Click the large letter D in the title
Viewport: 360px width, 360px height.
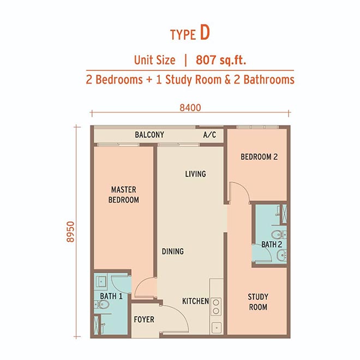click(205, 33)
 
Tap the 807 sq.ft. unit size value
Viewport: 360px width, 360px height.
click(221, 60)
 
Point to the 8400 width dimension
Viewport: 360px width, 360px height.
click(190, 107)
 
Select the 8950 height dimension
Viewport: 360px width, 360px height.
click(71, 232)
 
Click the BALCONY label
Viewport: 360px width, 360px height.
click(149, 135)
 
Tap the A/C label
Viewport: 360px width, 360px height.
click(209, 135)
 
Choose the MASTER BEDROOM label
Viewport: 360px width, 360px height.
click(123, 195)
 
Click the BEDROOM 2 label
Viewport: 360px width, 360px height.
click(259, 157)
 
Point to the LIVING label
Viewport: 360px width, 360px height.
click(195, 174)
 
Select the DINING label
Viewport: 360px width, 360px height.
click(173, 251)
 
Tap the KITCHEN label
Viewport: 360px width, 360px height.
click(195, 301)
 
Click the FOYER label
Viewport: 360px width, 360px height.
click(144, 319)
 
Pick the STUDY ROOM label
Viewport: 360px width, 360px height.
click(258, 302)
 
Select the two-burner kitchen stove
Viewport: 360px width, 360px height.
click(216, 307)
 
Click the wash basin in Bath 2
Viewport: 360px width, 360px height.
click(281, 255)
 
